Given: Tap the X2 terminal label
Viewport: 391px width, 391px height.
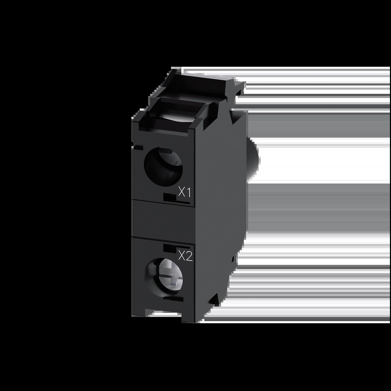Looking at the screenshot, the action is click(185, 257).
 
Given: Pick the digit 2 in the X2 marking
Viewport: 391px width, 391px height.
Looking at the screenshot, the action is click(189, 257).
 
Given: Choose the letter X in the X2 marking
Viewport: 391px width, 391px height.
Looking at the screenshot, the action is click(181, 257).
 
